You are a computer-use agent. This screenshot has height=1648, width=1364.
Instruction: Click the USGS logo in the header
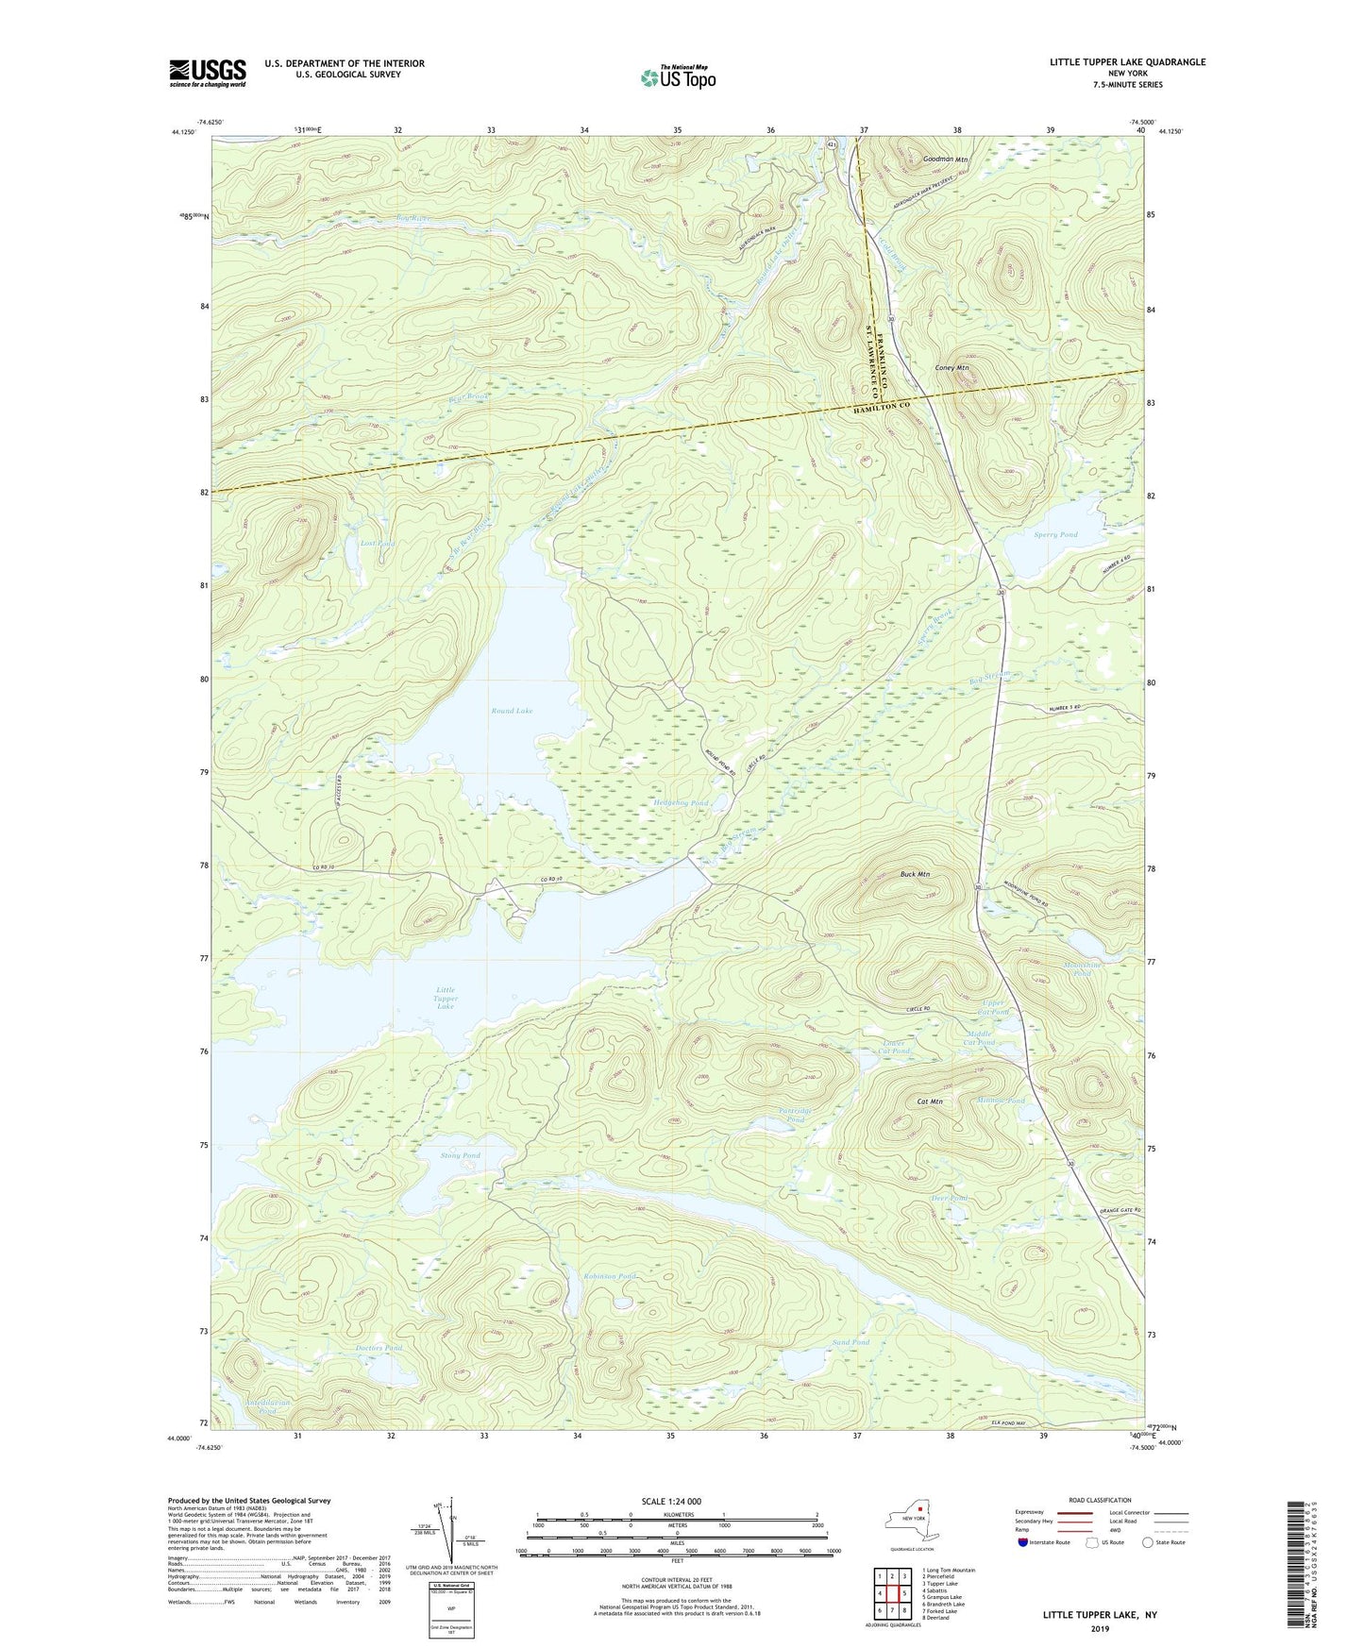[x=208, y=73]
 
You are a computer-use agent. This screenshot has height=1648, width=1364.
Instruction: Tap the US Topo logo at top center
[x=677, y=77]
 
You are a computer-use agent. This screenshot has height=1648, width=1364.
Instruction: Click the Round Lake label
[x=512, y=711]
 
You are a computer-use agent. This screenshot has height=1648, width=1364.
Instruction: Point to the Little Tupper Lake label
[x=446, y=998]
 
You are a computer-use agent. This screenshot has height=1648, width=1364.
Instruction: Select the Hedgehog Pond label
[x=681, y=803]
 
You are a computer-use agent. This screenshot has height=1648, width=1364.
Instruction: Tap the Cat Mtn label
[x=930, y=1101]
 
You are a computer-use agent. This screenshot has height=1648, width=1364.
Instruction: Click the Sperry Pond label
[x=1054, y=535]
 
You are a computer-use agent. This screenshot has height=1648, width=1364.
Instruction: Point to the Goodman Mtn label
[x=946, y=160]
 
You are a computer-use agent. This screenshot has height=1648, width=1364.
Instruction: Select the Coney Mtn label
[x=951, y=367]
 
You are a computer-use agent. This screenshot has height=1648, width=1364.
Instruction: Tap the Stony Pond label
[x=461, y=1155]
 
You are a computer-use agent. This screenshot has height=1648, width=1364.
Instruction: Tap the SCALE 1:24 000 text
[x=673, y=1502]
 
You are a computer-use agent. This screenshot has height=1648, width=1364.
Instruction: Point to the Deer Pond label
[x=950, y=1199]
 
